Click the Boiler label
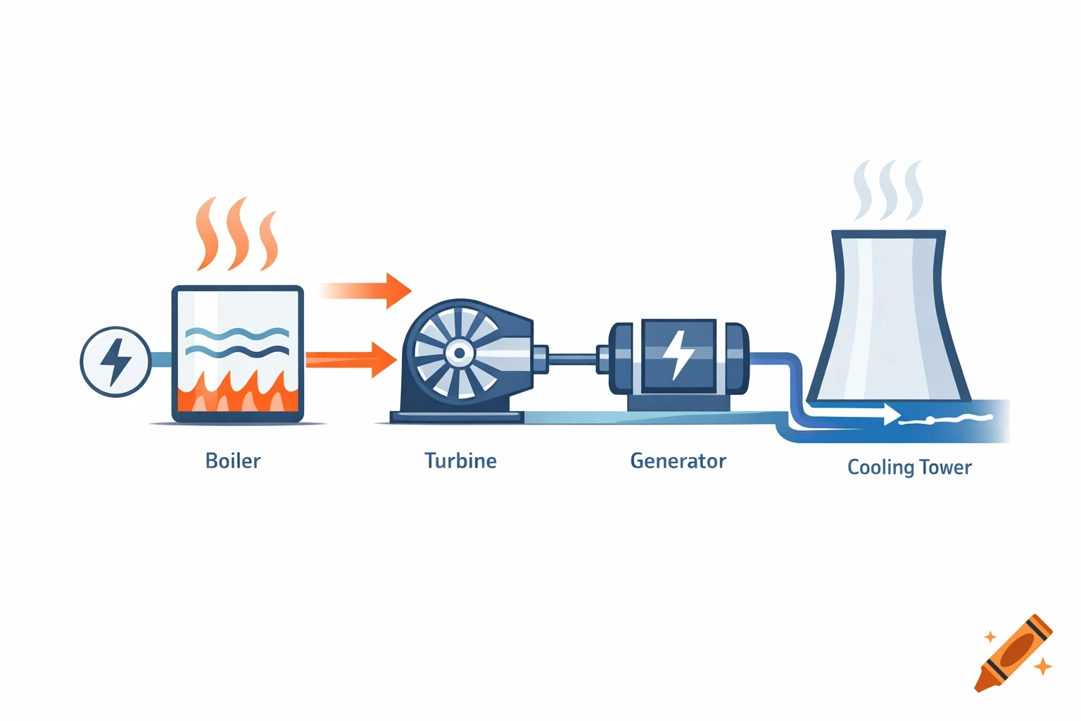click(x=233, y=461)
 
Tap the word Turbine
click(x=460, y=461)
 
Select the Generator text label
click(x=678, y=461)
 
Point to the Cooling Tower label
click(x=909, y=468)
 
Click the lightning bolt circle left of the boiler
click(x=115, y=361)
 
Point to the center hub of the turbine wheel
click(x=460, y=353)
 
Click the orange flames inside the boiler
click(x=237, y=396)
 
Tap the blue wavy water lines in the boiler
click(x=237, y=341)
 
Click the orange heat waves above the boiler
click(x=237, y=235)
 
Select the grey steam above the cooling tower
click(x=887, y=190)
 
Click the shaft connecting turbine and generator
click(x=571, y=359)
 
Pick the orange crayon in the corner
click(x=1014, y=653)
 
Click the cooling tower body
click(x=888, y=317)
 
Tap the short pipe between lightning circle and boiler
click(x=161, y=360)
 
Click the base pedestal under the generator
click(x=678, y=403)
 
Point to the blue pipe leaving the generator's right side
click(x=781, y=359)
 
